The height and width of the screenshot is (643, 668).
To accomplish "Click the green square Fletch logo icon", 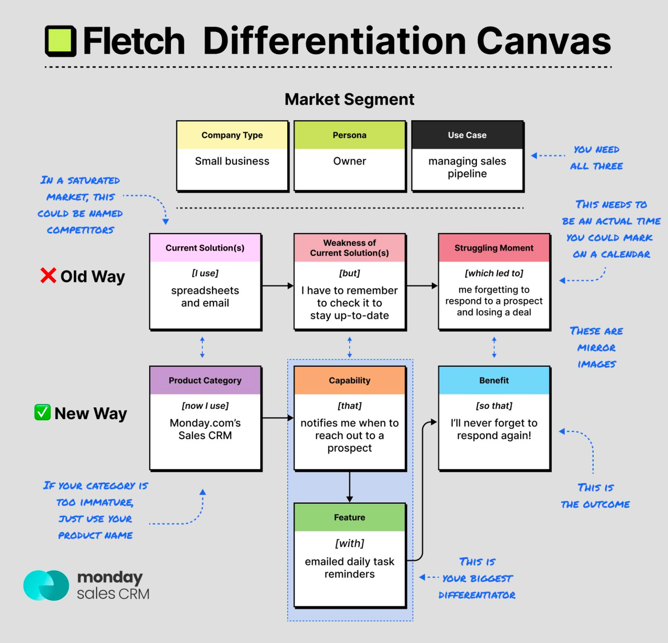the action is click(61, 41).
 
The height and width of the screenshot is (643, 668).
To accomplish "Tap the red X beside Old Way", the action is click(48, 275).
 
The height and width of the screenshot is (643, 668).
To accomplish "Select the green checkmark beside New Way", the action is click(43, 412).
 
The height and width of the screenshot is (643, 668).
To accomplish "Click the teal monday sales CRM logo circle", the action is click(46, 586).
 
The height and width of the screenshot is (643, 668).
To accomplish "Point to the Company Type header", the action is click(232, 135).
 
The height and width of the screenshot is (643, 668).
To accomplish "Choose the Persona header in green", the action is click(350, 135).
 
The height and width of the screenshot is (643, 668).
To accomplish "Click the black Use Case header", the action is click(467, 135).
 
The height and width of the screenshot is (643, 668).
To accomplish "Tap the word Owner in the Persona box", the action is click(350, 161).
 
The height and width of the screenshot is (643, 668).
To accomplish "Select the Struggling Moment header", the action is click(494, 248).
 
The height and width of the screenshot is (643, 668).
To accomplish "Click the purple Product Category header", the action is click(205, 380).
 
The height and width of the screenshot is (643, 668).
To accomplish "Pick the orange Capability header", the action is click(350, 380).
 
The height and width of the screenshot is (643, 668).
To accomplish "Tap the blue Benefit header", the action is click(494, 380).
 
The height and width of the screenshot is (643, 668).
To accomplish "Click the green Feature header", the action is click(350, 518).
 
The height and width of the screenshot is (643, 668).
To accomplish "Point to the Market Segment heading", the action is click(349, 100).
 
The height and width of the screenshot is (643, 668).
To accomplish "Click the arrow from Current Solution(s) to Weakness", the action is click(278, 286).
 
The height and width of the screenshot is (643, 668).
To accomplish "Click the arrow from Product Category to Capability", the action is click(278, 418).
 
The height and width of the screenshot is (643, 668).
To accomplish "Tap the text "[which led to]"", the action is click(494, 273).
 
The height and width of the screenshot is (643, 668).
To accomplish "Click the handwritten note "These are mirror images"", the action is click(597, 348).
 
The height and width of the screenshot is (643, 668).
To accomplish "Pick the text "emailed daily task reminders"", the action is click(350, 568).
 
